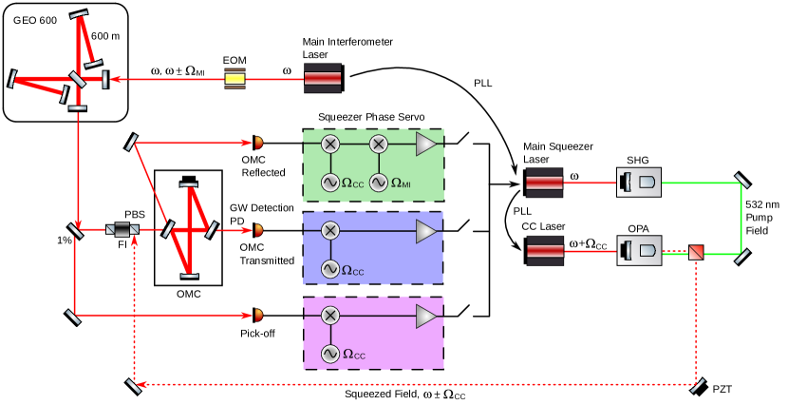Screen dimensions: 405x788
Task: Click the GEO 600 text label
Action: click(35, 20)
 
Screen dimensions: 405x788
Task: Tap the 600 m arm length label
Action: click(105, 36)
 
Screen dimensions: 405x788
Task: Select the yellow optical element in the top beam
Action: click(235, 78)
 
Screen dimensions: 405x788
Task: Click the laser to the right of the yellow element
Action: click(322, 78)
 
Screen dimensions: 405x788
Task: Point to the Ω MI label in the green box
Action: click(401, 183)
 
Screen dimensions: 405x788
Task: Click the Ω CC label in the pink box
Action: click(354, 356)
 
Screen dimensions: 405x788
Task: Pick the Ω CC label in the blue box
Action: click(353, 271)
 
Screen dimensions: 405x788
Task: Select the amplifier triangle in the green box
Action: click(427, 144)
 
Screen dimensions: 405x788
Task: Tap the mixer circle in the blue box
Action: click(329, 230)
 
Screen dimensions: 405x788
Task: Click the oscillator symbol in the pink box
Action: click(329, 354)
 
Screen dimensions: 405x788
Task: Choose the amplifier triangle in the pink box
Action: click(427, 315)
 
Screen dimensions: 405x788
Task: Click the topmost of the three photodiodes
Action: click(258, 143)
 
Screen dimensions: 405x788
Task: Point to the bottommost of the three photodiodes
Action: click(258, 315)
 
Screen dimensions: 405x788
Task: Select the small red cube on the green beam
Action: click(697, 252)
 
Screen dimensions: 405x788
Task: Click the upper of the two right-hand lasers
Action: click(544, 182)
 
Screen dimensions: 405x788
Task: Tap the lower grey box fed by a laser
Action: click(639, 251)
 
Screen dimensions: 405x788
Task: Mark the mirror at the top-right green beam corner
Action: click(741, 181)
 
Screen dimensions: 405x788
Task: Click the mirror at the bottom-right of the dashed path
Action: click(698, 385)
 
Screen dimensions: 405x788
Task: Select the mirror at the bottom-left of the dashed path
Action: click(134, 385)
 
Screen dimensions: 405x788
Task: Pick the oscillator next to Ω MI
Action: click(378, 183)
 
